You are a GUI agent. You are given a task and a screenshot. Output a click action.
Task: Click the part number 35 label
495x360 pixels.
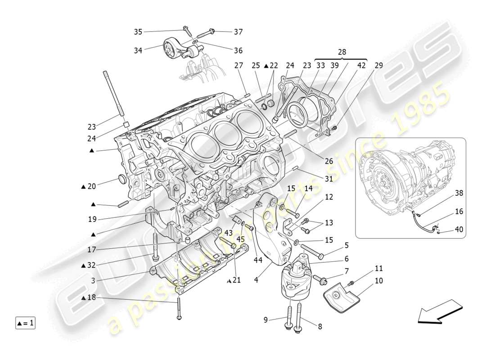(138, 31)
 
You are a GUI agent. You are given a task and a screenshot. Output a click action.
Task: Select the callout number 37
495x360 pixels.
(238, 31)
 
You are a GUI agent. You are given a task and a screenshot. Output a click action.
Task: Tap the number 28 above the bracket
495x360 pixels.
(342, 52)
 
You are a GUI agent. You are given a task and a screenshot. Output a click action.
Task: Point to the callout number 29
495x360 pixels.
(379, 65)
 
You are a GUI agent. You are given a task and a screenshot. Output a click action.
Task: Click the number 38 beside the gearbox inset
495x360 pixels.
(459, 193)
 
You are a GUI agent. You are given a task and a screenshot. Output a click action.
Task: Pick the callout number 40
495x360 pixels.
(459, 229)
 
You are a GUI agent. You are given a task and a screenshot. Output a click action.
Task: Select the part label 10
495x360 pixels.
(378, 280)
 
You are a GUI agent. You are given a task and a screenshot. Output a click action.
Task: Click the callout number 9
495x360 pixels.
(265, 320)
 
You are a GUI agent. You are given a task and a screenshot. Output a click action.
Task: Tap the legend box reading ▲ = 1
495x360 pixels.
(26, 323)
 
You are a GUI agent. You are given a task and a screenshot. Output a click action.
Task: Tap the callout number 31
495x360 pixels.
(329, 179)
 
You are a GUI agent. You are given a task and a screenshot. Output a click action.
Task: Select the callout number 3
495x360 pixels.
(92, 281)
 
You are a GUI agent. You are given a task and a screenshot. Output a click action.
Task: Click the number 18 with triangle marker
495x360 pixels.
(89, 298)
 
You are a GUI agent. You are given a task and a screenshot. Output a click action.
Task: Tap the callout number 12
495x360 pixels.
(329, 197)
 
